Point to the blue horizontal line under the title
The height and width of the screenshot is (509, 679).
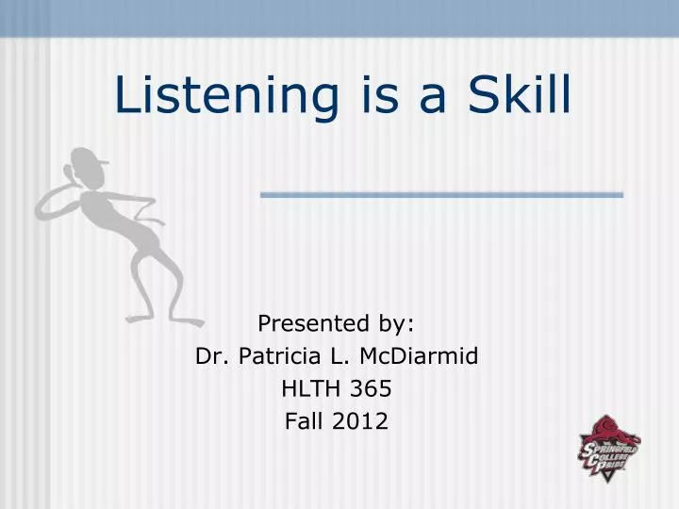click(441, 194)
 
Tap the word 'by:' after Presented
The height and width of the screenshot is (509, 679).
click(395, 324)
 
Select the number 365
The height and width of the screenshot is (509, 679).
click(373, 388)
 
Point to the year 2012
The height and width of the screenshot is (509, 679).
click(360, 421)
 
